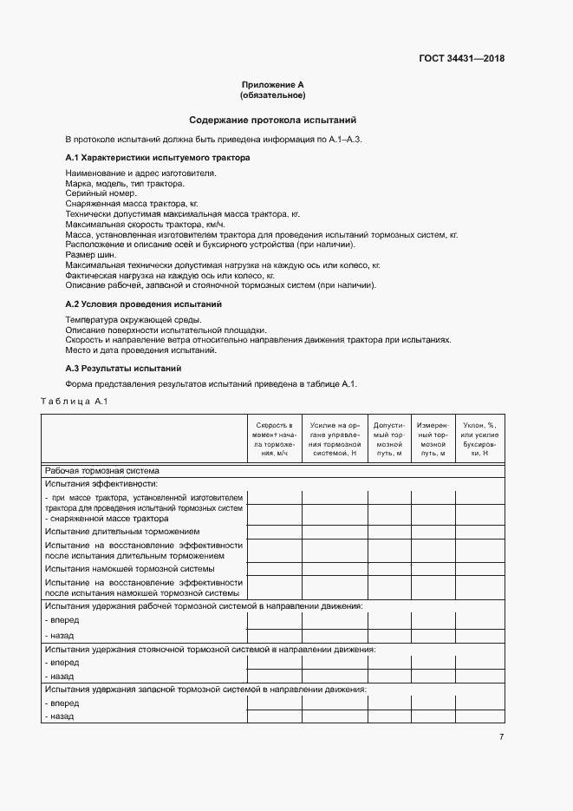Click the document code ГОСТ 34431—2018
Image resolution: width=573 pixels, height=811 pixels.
pyautogui.click(x=460, y=59)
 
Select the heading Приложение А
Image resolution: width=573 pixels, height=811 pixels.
pyautogui.click(x=272, y=85)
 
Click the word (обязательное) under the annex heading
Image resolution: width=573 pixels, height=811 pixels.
pyautogui.click(x=272, y=95)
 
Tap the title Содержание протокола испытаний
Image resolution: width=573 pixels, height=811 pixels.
pyautogui.click(x=272, y=121)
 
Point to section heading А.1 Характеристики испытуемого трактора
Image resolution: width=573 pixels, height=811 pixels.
pyautogui.click(x=157, y=158)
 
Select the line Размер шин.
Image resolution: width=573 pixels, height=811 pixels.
pyautogui.click(x=91, y=255)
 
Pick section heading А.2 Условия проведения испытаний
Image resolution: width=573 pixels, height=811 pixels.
pyautogui.click(x=143, y=304)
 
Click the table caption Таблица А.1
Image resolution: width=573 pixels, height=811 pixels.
pyautogui.click(x=74, y=401)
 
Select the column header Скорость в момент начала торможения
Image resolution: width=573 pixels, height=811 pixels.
pyautogui.click(x=273, y=439)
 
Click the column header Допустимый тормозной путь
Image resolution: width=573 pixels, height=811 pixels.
pyautogui.click(x=389, y=439)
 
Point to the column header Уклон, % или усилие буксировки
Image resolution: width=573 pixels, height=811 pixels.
pyautogui.click(x=479, y=439)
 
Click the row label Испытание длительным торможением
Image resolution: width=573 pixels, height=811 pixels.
pyautogui.click(x=122, y=531)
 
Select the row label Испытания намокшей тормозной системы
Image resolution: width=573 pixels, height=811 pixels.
pyautogui.click(x=130, y=568)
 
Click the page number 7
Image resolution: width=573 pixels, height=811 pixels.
pyautogui.click(x=500, y=736)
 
